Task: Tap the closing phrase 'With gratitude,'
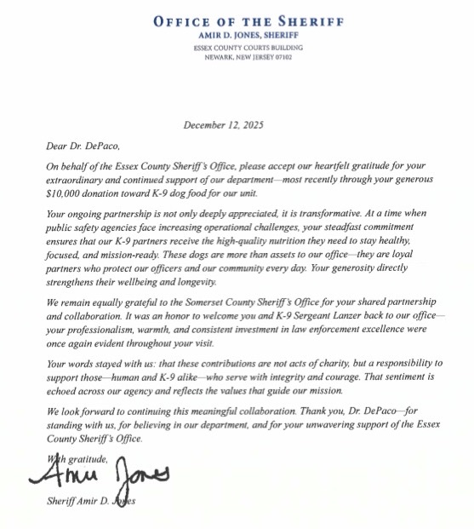click(78, 458)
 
